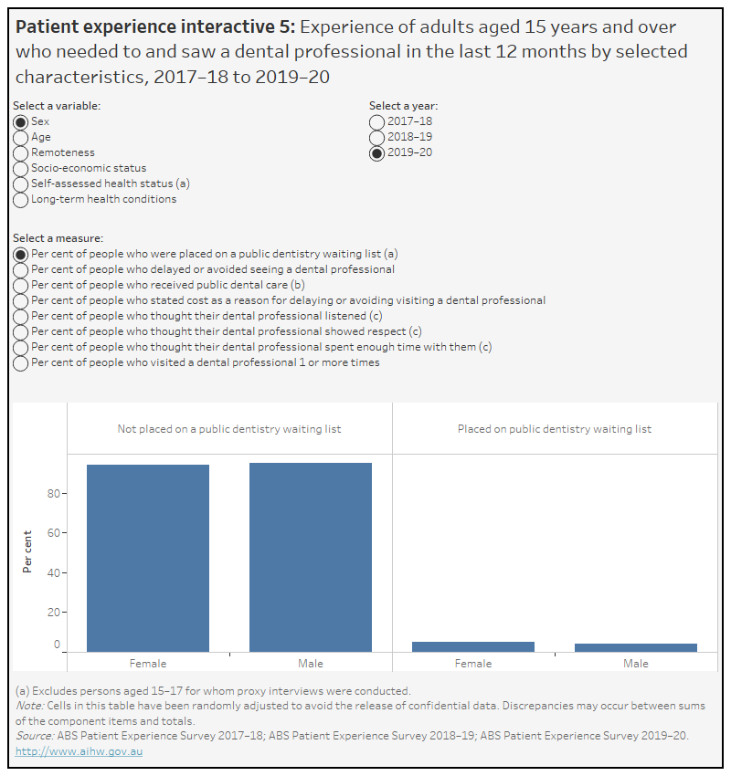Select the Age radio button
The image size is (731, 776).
click(x=20, y=137)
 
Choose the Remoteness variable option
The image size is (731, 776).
click(x=20, y=152)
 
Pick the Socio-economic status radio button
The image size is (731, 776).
click(x=20, y=168)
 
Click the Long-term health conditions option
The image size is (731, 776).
click(x=20, y=199)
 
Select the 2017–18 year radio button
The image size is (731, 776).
click(x=376, y=121)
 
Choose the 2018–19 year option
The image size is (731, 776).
click(x=376, y=137)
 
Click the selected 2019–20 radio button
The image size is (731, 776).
click(x=376, y=152)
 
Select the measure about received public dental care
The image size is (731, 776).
click(x=20, y=285)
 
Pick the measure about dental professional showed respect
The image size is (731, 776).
click(x=20, y=331)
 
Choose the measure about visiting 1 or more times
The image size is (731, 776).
click(x=20, y=362)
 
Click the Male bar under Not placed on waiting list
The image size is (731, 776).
click(x=311, y=557)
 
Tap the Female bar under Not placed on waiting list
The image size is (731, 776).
click(x=148, y=558)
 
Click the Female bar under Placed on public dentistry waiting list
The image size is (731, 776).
click(x=473, y=646)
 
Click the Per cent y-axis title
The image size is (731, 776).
click(x=28, y=551)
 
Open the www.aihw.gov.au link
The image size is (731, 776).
click(x=79, y=751)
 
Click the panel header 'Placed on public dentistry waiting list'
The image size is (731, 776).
click(x=555, y=429)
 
